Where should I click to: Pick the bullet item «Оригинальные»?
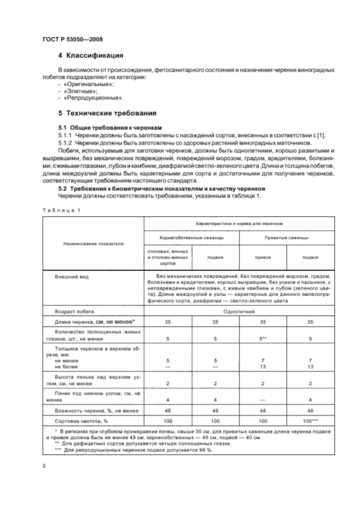[81, 84]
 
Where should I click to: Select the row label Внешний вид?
[69, 279]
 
